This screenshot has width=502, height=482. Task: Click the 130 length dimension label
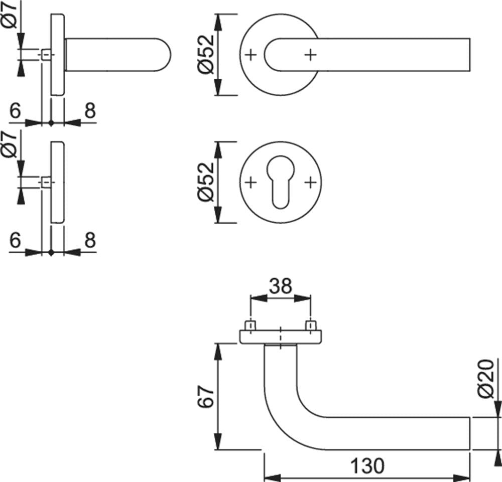click(x=367, y=465)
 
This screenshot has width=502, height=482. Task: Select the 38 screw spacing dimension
click(x=281, y=286)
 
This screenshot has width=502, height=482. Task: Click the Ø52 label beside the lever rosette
click(x=205, y=54)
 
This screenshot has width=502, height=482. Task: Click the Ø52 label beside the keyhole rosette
click(x=205, y=182)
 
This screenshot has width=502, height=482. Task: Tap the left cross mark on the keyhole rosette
click(x=251, y=183)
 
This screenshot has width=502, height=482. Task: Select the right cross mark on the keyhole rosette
click(x=310, y=183)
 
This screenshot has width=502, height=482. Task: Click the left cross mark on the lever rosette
click(x=251, y=55)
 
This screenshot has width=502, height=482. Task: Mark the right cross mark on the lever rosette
click(x=310, y=55)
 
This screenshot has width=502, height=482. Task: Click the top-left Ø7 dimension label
click(x=10, y=15)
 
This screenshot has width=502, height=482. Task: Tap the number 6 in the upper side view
click(x=15, y=111)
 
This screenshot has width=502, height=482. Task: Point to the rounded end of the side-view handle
click(x=164, y=55)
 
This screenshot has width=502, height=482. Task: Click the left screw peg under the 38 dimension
click(x=250, y=326)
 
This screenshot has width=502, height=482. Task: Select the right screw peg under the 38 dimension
click(x=311, y=326)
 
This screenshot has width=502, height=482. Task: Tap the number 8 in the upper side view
click(x=90, y=111)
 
